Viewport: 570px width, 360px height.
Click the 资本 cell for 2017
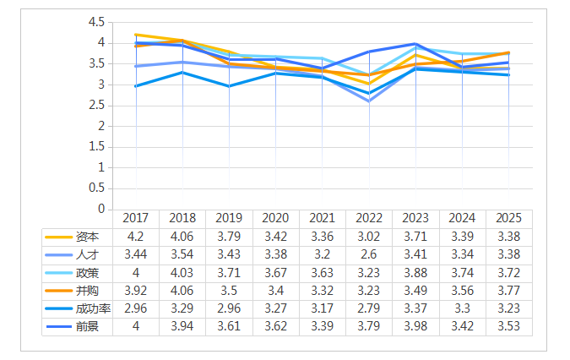pyautogui.click(x=136, y=236)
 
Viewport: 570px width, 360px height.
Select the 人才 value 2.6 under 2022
pyautogui.click(x=369, y=254)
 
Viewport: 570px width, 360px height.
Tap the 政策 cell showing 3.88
pyautogui.click(x=415, y=272)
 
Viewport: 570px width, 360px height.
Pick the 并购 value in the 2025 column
pyautogui.click(x=508, y=290)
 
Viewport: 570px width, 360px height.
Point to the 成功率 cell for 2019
pyautogui.click(x=229, y=308)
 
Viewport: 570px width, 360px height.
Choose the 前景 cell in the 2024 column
pyautogui.click(x=462, y=326)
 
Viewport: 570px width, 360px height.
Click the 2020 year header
pyautogui.click(x=276, y=218)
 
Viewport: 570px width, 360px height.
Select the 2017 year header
pyautogui.click(x=136, y=218)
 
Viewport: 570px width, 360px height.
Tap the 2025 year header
pyautogui.click(x=508, y=218)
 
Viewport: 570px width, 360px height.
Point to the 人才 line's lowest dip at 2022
pyautogui.click(x=369, y=101)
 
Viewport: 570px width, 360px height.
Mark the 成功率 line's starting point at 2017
pyautogui.click(x=136, y=86)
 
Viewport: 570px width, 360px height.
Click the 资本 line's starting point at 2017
pyautogui.click(x=136, y=35)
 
